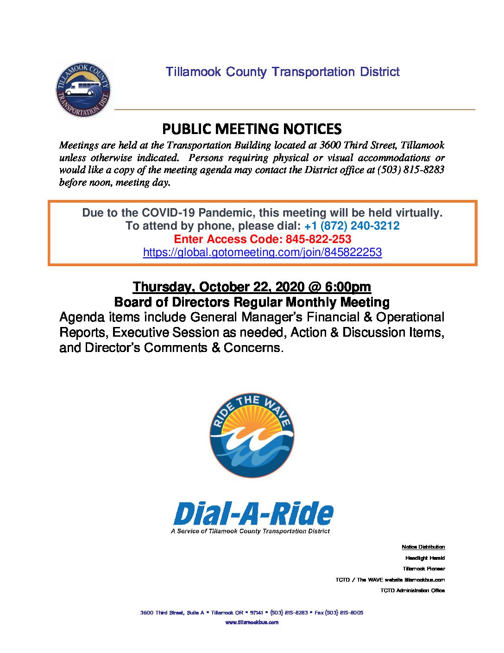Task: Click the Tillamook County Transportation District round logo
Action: pos(83,90)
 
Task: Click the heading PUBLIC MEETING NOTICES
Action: pos(252,128)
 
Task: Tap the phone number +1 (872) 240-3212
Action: pos(352,226)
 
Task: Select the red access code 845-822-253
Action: pos(318,239)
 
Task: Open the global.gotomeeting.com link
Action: pos(262,252)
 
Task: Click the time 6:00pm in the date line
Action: pos(348,287)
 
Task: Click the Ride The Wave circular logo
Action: pos(252,435)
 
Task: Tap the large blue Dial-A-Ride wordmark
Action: pos(253,514)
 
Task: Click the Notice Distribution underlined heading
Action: pos(423,547)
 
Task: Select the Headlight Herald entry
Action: pos(425,558)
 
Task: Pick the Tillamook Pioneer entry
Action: pos(423,569)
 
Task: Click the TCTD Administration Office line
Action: pos(412,590)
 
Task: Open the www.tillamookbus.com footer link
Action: pos(252,622)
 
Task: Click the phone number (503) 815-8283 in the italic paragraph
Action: pos(411,170)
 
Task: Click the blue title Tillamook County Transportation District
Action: pos(283,72)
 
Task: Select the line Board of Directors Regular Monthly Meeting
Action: pos(252,302)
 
